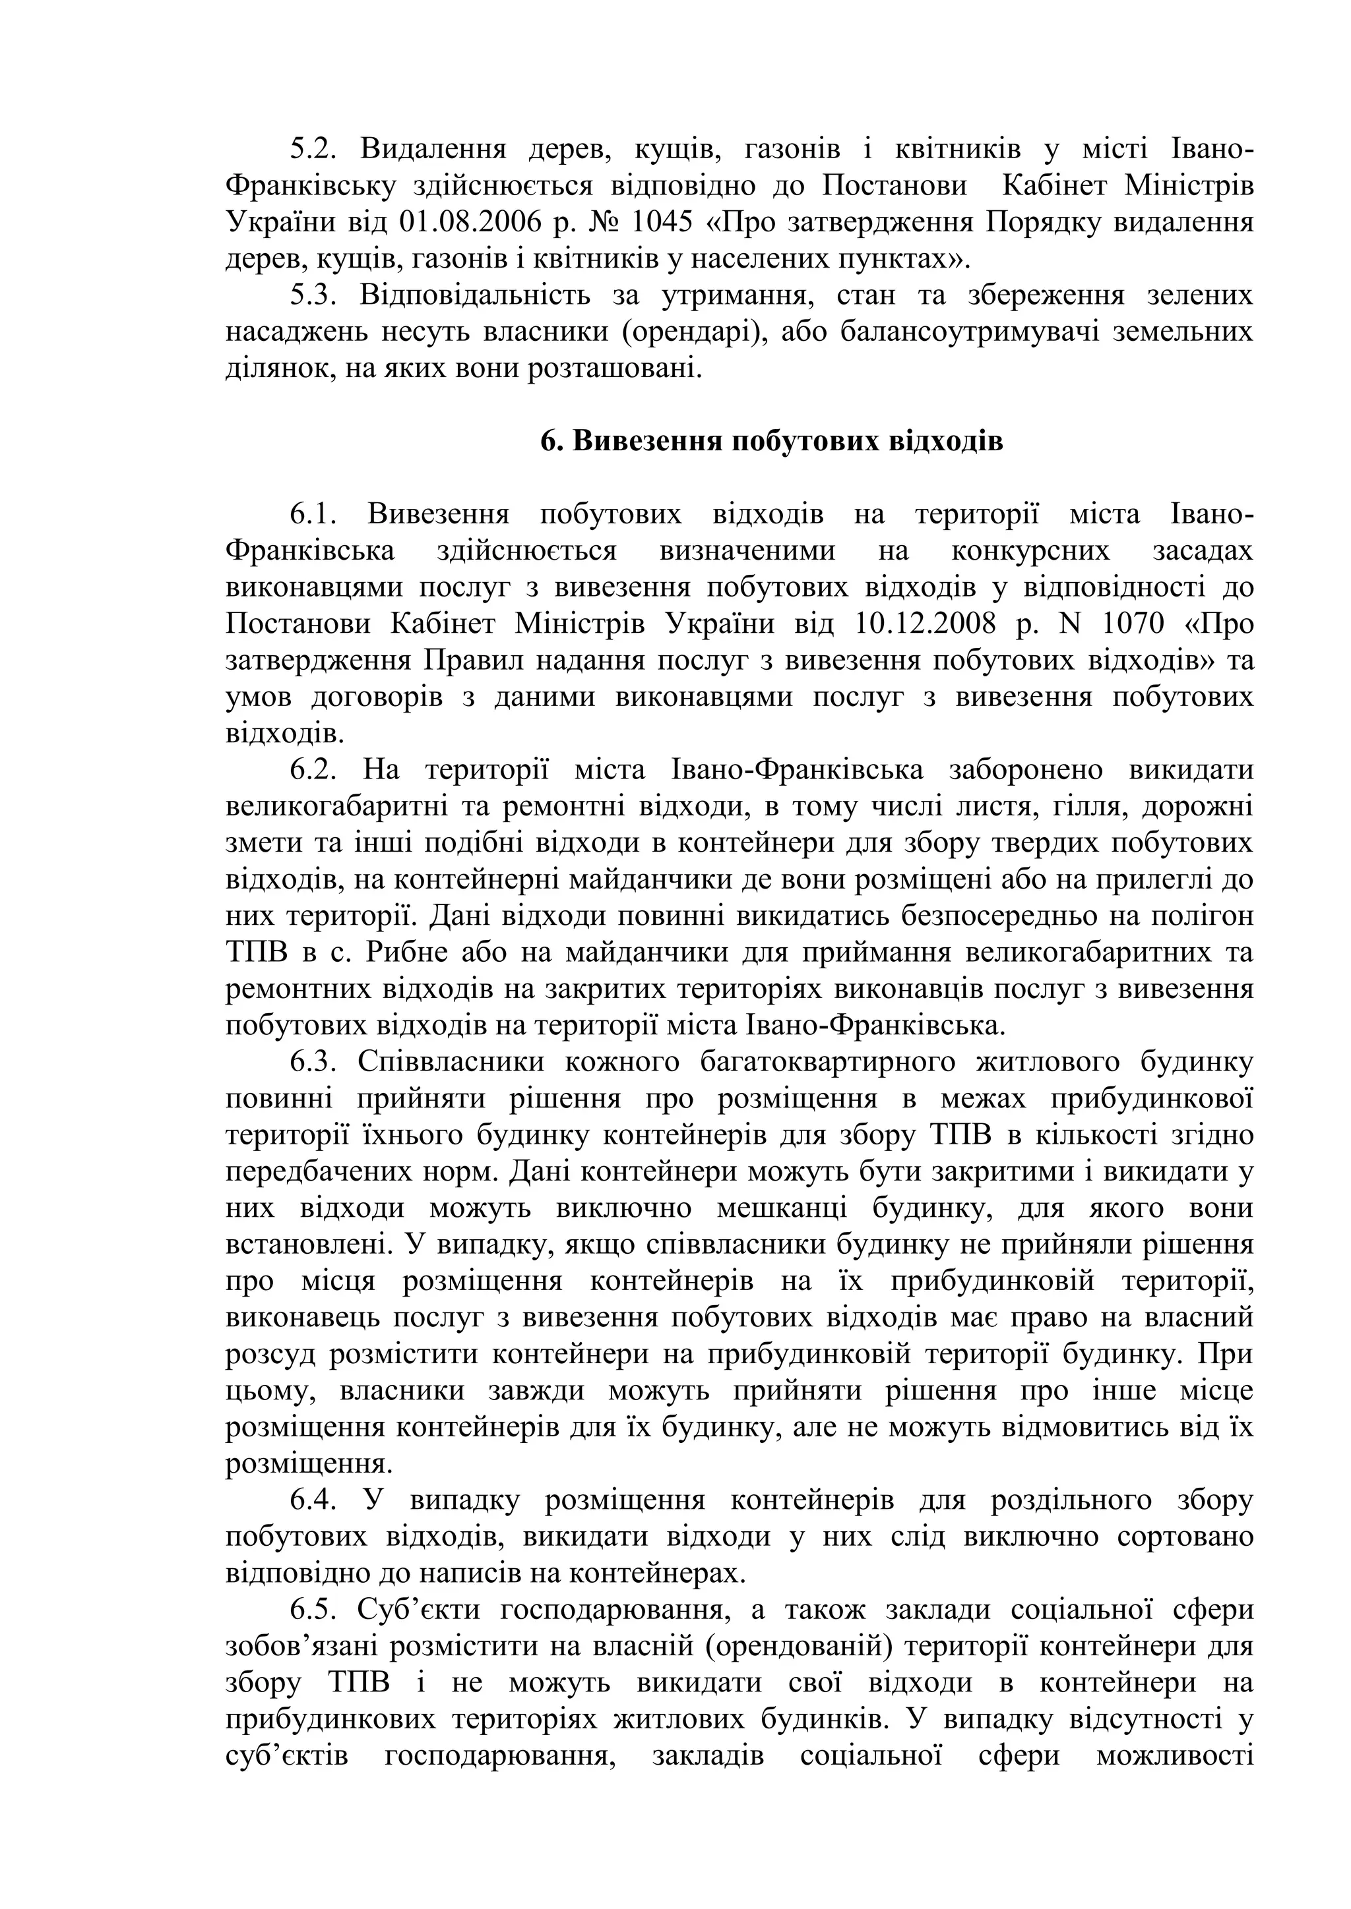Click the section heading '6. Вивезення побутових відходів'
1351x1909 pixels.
[771, 441]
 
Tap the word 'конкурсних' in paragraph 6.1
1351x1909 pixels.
[1030, 550]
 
